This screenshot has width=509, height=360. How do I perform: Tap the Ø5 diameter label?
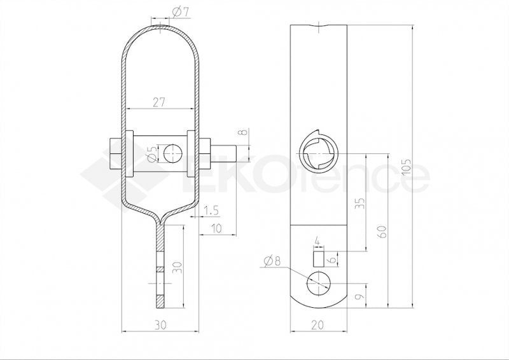pos(151,154)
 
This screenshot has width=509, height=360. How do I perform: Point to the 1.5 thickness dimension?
pos(213,210)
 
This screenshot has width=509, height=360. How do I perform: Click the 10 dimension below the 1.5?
pos(216,228)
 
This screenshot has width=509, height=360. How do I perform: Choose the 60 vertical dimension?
pos(381,231)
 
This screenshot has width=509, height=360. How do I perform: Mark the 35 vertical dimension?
pos(361,204)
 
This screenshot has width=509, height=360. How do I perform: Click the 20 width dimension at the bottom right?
pos(317,324)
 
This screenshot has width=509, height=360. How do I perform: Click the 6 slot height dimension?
pos(331,260)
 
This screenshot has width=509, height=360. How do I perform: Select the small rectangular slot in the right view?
pos(317,260)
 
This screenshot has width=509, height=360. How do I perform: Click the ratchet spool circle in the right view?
pos(318,153)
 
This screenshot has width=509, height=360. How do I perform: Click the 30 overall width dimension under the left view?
pos(161,324)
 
